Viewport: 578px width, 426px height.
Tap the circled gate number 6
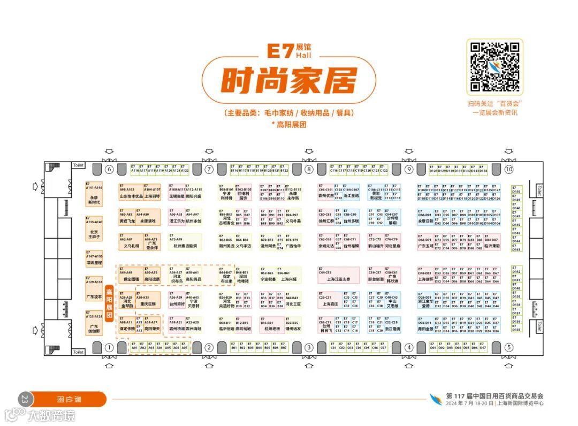click(109, 170)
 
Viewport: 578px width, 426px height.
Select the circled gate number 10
click(508, 170)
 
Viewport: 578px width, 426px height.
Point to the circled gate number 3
click(309, 347)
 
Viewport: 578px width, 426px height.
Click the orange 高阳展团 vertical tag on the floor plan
click(109, 304)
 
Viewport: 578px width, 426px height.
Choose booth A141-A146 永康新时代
click(94, 195)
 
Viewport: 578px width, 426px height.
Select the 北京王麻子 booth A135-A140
click(94, 230)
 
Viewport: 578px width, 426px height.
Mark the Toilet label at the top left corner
click(79, 165)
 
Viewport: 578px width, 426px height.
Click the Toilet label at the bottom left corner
click(79, 352)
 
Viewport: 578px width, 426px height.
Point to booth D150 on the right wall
click(516, 191)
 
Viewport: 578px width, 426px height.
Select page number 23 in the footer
click(24, 399)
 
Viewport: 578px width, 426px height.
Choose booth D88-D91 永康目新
click(425, 218)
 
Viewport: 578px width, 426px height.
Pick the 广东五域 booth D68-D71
click(425, 244)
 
